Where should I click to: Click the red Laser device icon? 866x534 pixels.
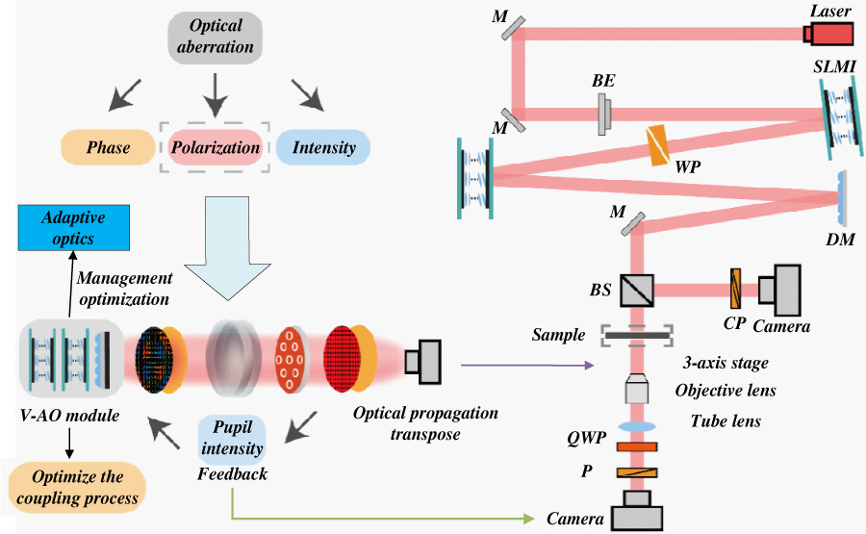[x=829, y=35]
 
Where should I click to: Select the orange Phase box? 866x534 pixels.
[x=109, y=147]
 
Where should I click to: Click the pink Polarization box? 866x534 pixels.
[x=215, y=147]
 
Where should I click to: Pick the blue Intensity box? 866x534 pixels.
[x=322, y=147]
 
